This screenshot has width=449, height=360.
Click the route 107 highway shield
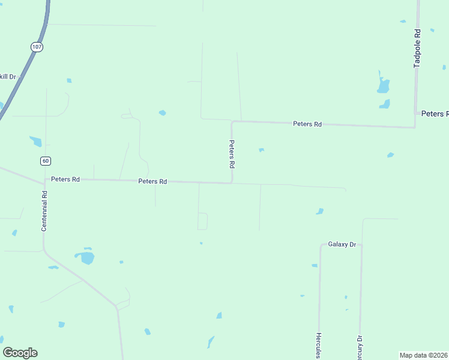click(37, 46)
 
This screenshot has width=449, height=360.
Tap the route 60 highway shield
click(46, 160)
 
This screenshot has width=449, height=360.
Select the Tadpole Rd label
click(417, 48)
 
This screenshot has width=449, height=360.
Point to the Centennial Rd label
click(44, 211)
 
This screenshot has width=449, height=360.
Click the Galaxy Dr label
click(342, 244)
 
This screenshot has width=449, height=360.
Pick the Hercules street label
click(319, 345)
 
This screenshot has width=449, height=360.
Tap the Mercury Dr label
click(360, 347)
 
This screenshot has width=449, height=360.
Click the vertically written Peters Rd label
click(231, 154)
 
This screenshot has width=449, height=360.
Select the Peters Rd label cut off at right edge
click(435, 113)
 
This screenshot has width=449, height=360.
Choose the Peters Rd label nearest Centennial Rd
click(65, 179)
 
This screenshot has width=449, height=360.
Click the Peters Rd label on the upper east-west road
click(307, 124)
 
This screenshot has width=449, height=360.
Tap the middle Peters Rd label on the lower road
click(152, 181)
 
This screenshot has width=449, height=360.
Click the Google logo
click(20, 353)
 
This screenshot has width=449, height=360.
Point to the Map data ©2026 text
click(424, 355)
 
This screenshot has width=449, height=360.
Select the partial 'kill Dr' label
click(8, 77)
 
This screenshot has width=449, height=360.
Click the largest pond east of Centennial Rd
click(86, 258)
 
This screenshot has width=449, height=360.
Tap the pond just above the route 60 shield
click(36, 142)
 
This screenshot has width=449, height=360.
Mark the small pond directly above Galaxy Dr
click(320, 211)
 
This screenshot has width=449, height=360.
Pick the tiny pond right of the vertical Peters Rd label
click(261, 150)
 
